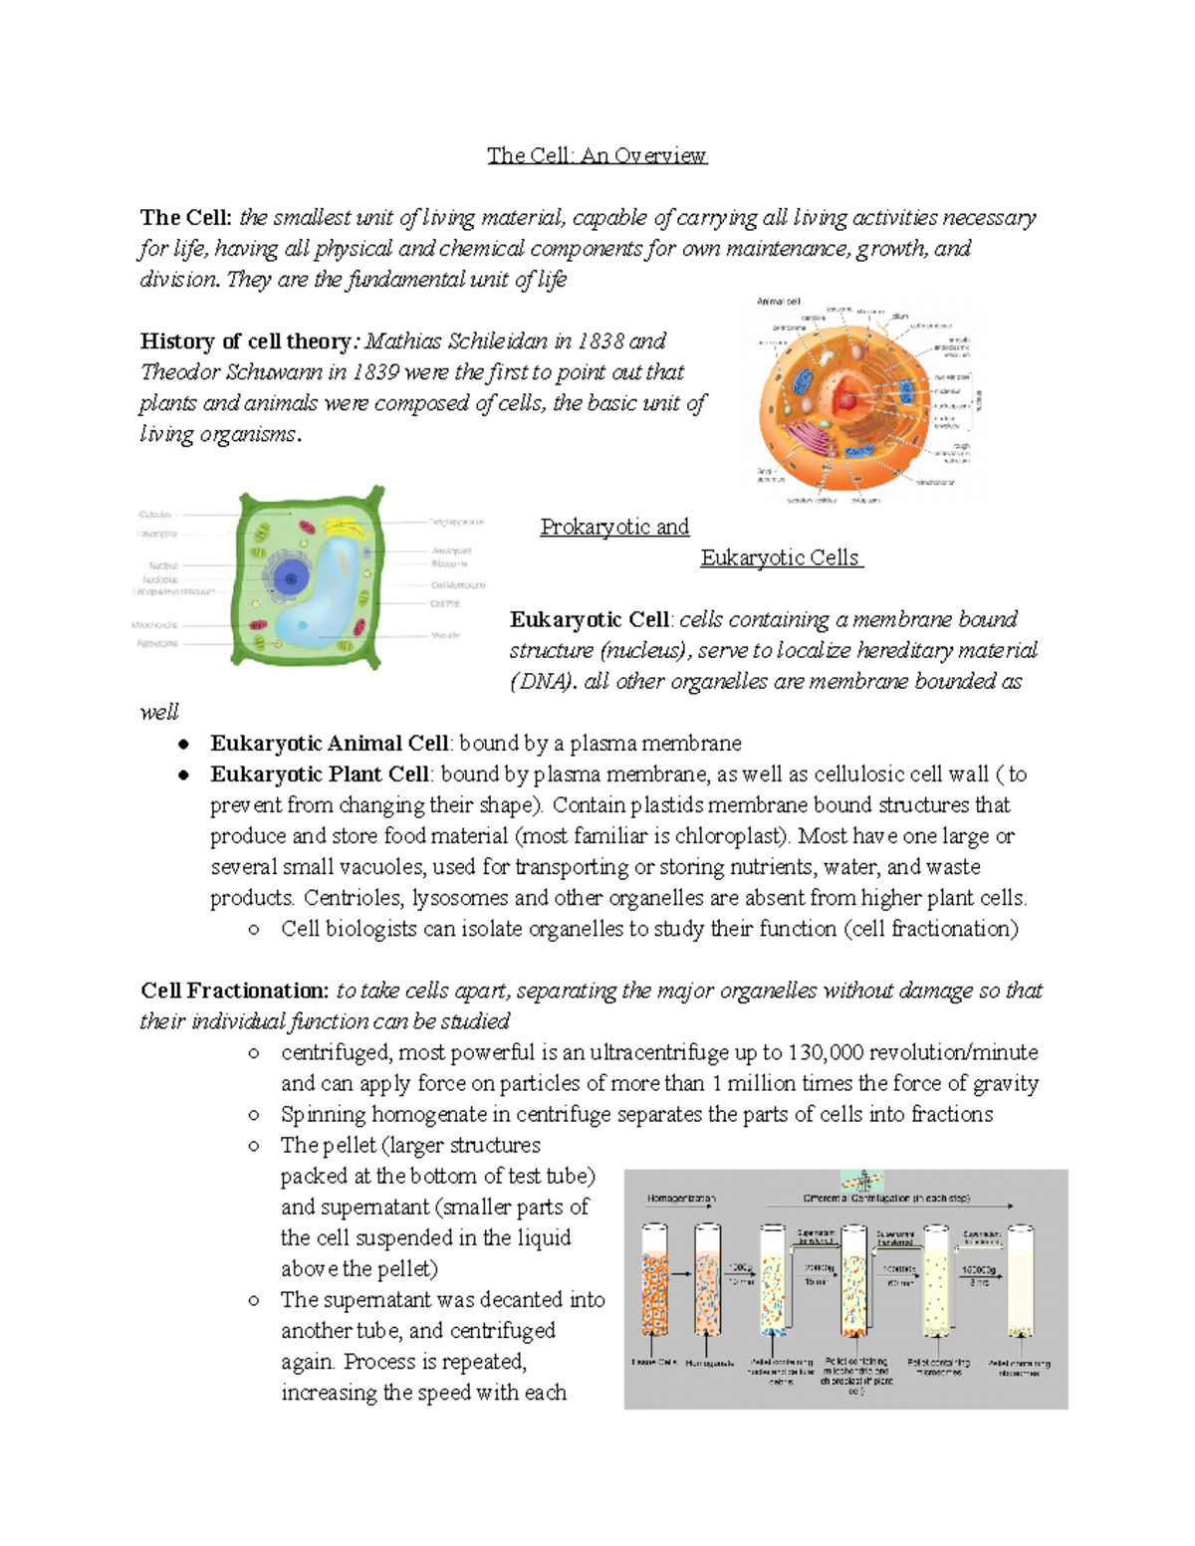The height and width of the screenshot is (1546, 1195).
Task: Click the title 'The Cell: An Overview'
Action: (597, 155)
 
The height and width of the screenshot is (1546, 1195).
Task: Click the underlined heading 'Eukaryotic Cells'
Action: (781, 557)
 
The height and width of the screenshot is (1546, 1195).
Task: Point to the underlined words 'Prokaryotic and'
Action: (614, 527)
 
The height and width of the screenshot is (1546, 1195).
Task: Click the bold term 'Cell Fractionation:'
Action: (234, 991)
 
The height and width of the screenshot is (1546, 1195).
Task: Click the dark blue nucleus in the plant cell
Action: (291, 576)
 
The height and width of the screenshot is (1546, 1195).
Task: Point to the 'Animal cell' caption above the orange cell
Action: (778, 302)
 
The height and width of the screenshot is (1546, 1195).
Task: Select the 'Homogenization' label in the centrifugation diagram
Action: (681, 1199)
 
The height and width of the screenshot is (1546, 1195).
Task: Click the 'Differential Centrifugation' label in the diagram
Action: (885, 1199)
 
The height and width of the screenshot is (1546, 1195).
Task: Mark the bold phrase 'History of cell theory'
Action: (245, 341)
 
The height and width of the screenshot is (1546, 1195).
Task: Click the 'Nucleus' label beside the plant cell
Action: (163, 564)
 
